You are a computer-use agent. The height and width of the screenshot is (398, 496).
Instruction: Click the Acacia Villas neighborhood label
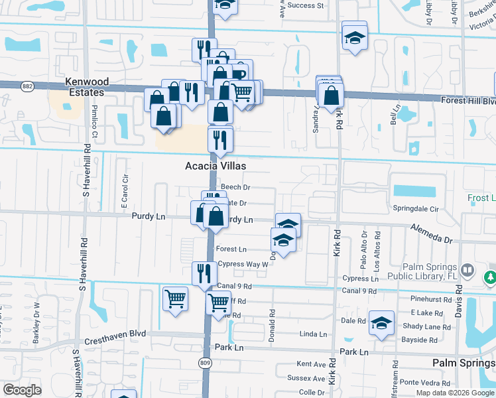(x=216, y=166)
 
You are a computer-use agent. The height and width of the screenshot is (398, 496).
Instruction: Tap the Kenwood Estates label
(x=87, y=87)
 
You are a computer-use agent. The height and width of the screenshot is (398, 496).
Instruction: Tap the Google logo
(x=22, y=390)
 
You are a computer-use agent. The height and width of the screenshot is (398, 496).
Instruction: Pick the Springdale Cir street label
(x=416, y=208)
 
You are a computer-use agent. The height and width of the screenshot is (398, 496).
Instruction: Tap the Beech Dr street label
(x=235, y=188)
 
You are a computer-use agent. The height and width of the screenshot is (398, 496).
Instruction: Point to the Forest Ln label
(x=231, y=249)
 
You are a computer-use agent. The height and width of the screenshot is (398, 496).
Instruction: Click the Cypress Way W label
(x=243, y=263)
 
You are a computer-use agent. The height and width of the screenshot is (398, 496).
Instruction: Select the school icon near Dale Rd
(x=381, y=323)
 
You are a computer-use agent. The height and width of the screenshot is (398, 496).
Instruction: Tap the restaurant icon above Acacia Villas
(x=220, y=139)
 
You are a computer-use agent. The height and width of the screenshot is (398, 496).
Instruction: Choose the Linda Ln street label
(x=314, y=334)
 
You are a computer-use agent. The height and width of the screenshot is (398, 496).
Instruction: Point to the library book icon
(x=468, y=270)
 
